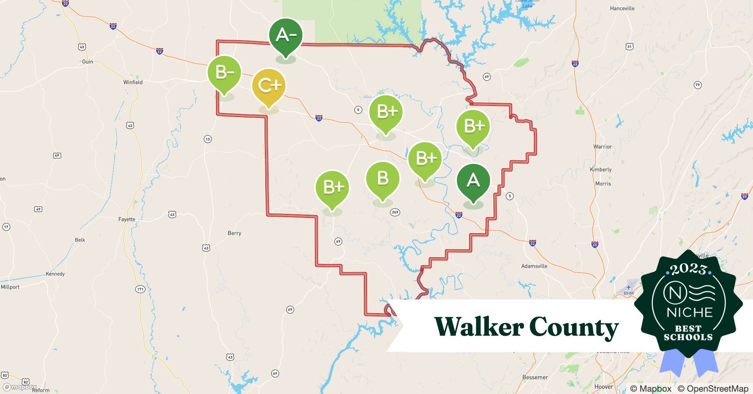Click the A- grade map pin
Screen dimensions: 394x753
pyautogui.click(x=286, y=36)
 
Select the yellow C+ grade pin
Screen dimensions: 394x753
pyautogui.click(x=269, y=86)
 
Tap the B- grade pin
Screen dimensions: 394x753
pyautogui.click(x=224, y=73)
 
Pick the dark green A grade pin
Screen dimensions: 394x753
pyautogui.click(x=473, y=181)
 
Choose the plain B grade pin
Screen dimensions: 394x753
pyautogui.click(x=382, y=179)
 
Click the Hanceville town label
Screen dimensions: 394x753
pyautogui.click(x=622, y=8)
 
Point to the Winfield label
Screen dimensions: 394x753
pyautogui.click(x=133, y=82)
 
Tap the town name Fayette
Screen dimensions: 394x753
pyautogui.click(x=127, y=219)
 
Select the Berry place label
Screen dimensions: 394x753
pyautogui.click(x=234, y=233)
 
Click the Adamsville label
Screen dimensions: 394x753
pyautogui.click(x=534, y=266)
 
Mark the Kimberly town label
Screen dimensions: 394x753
pyautogui.click(x=600, y=169)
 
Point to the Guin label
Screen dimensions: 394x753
pyautogui.click(x=88, y=62)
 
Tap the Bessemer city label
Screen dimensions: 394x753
pyautogui.click(x=535, y=377)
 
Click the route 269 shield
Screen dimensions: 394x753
pyautogui.click(x=395, y=212)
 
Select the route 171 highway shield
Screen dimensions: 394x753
pyautogui.click(x=140, y=289)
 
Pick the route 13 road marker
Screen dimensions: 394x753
pyautogui.click(x=208, y=139)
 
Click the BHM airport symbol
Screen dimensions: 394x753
pyautogui.click(x=628, y=288)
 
